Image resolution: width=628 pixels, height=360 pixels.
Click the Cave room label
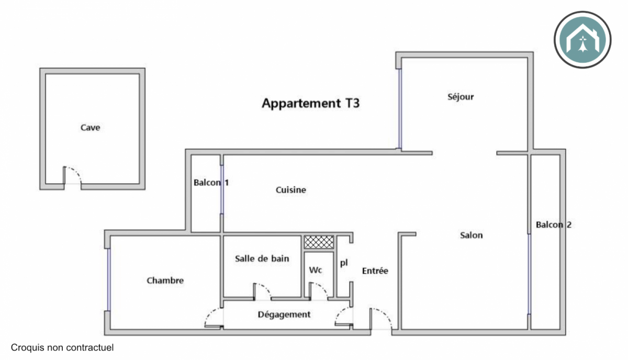(x=90, y=128)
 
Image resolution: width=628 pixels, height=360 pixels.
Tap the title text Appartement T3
(x=310, y=103)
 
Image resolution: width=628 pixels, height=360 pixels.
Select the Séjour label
(x=461, y=97)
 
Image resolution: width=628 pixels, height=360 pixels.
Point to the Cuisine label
(x=291, y=190)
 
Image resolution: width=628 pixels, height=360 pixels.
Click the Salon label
(x=471, y=235)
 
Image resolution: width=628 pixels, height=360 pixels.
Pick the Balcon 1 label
(x=211, y=183)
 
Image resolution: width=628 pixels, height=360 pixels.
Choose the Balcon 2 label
(x=553, y=225)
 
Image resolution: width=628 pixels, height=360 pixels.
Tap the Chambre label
(x=165, y=280)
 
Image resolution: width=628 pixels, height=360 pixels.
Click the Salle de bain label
(x=262, y=258)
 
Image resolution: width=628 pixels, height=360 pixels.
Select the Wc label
(x=316, y=271)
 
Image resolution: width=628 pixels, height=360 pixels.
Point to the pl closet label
(x=344, y=263)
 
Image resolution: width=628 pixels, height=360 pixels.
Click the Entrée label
(x=375, y=271)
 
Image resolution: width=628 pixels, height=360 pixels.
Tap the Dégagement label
(x=284, y=314)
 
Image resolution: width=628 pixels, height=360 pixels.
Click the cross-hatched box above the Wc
(x=319, y=242)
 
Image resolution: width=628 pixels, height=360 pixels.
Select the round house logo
(x=582, y=39)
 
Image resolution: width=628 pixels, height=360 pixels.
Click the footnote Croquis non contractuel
(x=62, y=347)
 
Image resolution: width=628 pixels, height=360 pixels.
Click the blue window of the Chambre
(x=108, y=280)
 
